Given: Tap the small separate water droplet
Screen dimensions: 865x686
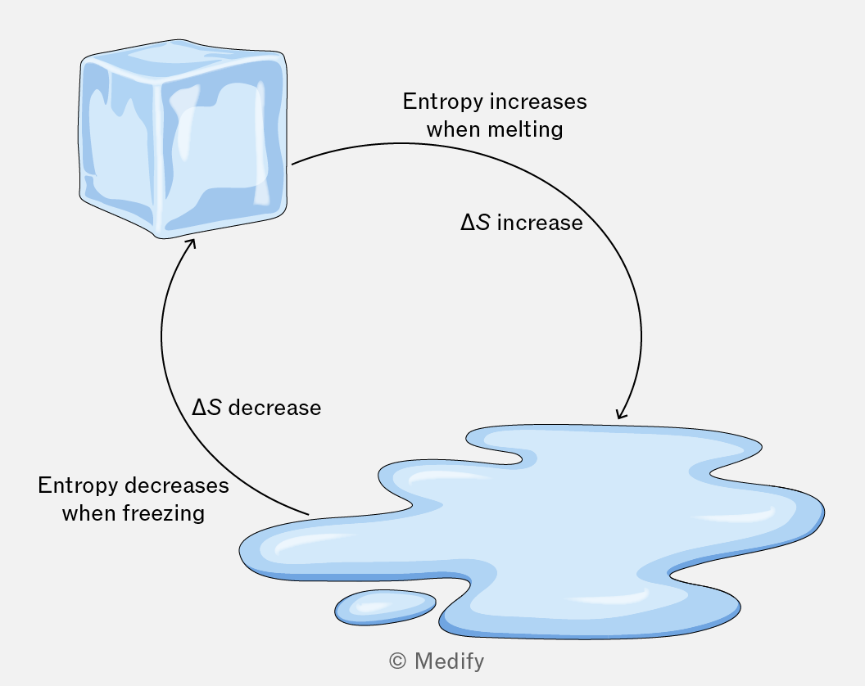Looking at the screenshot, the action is click(x=385, y=607).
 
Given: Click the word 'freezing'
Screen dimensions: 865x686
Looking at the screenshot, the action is click(x=163, y=513).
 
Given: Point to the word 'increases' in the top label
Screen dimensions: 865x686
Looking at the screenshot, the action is click(x=538, y=102).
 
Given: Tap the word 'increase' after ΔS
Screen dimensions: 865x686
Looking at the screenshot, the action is click(x=540, y=223).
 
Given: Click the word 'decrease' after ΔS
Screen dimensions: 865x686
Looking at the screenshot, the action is click(x=274, y=408).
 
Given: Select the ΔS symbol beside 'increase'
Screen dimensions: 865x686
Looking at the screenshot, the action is click(x=476, y=223).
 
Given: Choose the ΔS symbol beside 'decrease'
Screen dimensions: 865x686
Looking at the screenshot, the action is click(x=206, y=408).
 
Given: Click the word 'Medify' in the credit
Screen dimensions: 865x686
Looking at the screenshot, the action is click(x=449, y=661).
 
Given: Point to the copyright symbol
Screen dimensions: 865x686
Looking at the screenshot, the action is click(x=398, y=661).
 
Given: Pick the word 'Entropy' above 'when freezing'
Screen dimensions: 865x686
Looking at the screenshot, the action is click(x=78, y=485).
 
